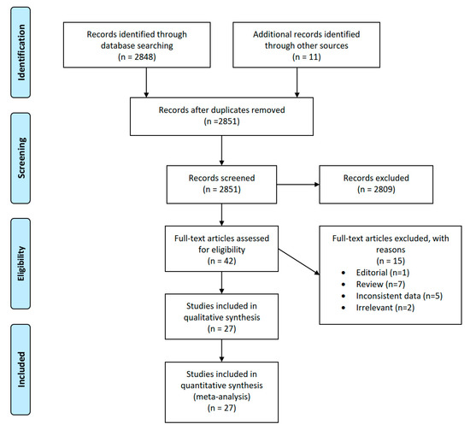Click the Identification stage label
(21, 52)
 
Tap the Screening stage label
(21, 158)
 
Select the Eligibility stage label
(21, 263)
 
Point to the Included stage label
(21, 369)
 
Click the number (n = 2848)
(137, 57)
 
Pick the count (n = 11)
(306, 57)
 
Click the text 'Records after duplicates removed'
(221, 110)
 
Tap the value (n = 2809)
(376, 190)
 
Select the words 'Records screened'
(221, 178)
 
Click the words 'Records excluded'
(376, 178)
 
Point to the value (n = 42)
(221, 261)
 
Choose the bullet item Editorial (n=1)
(383, 273)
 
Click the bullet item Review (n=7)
(380, 285)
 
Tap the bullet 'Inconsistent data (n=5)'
(399, 296)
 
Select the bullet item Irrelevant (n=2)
(385, 308)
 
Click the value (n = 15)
(391, 261)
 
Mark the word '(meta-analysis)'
(221, 397)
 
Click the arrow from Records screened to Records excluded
(298, 185)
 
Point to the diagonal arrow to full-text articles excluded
(299, 262)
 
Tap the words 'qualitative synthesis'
(221, 317)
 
